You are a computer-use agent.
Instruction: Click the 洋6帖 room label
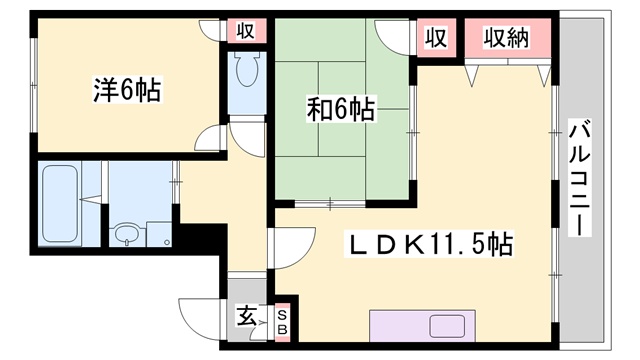(x=127, y=89)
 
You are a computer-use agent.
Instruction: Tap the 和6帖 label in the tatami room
(x=341, y=109)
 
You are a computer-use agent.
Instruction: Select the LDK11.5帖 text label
(x=429, y=244)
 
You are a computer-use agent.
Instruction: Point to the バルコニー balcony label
(x=580, y=177)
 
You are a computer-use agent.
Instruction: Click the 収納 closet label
(x=507, y=38)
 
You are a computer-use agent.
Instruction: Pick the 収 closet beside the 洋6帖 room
(x=246, y=31)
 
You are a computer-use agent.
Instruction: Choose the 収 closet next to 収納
(x=436, y=38)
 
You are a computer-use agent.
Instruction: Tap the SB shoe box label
(x=282, y=322)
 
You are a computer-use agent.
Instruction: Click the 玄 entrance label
(x=247, y=316)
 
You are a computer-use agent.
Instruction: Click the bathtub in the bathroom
(x=60, y=203)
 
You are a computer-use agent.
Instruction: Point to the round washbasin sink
(x=127, y=233)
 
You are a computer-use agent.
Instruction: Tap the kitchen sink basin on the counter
(x=447, y=326)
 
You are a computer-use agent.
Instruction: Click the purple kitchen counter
(x=422, y=326)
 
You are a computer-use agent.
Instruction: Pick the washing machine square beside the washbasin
(x=159, y=234)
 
